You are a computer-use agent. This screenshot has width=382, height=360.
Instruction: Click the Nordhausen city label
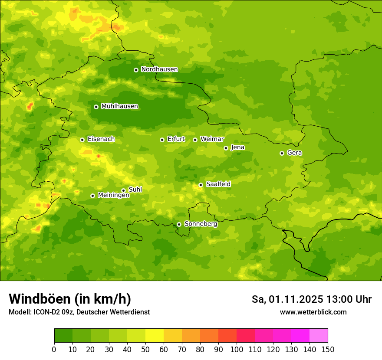pos(159,69)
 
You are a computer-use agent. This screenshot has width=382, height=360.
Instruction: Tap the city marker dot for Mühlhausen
pos(96,107)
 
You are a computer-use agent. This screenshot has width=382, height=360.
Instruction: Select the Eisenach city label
pos(101,139)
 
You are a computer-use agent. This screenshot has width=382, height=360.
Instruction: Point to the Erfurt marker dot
pos(162,140)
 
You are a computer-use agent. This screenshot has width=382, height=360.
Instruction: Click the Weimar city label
pos(212,139)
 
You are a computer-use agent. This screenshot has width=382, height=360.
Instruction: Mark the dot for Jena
pos(226,148)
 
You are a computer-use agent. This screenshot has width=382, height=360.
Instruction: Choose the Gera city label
pos(294,153)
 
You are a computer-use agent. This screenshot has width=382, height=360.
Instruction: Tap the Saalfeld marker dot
pos(201,185)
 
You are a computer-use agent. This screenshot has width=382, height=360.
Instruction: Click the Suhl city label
pos(135,190)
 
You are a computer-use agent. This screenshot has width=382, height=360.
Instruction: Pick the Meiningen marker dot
pos(92,196)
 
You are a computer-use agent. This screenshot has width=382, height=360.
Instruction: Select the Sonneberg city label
pos(201,224)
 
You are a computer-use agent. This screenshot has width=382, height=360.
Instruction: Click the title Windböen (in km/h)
pos(69,299)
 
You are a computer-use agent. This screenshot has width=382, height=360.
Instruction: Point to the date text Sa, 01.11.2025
pos(287,299)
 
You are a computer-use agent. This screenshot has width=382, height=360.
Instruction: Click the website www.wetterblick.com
pos(313,312)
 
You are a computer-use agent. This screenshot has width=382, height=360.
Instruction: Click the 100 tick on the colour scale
pos(237,349)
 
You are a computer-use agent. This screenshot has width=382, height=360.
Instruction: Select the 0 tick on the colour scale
pos(54,349)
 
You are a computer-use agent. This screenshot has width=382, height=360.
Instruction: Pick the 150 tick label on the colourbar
pos(328,349)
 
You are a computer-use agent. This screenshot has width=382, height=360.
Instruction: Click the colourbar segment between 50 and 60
pos(155,336)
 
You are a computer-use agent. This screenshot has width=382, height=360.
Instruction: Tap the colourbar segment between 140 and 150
pos(319,336)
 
